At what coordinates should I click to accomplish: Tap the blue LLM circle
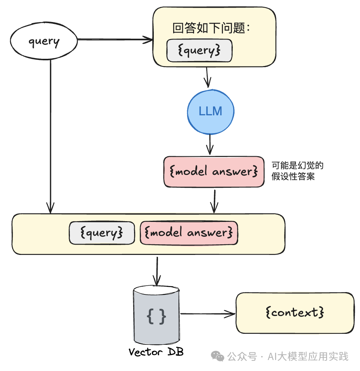pyautogui.click(x=210, y=111)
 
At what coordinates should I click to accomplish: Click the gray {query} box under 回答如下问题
pyautogui.click(x=199, y=51)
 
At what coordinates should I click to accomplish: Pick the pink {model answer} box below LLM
pyautogui.click(x=214, y=172)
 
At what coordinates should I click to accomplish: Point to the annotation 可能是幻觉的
pyautogui.click(x=297, y=166)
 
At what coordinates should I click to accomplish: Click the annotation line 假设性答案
pyautogui.click(x=293, y=177)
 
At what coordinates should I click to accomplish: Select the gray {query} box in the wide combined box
pyautogui.click(x=102, y=233)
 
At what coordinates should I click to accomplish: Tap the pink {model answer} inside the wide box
pyautogui.click(x=189, y=233)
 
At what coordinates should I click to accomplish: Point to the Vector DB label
pyautogui.click(x=156, y=352)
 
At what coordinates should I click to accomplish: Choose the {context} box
pyautogui.click(x=295, y=313)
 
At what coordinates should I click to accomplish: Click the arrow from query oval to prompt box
pyautogui.click(x=114, y=39)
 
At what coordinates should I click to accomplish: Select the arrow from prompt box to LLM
pyautogui.click(x=207, y=78)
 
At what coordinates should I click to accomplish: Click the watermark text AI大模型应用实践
pyautogui.click(x=308, y=357)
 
